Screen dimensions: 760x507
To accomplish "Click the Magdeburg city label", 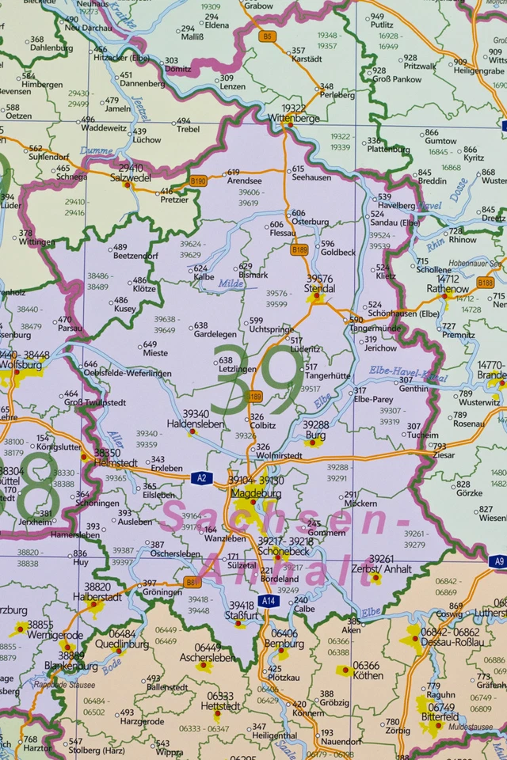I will click(x=256, y=493).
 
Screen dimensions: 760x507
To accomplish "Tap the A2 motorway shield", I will click(x=201, y=477).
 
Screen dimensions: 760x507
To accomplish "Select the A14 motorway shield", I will click(x=269, y=601).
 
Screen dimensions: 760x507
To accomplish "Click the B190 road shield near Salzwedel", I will click(x=198, y=181).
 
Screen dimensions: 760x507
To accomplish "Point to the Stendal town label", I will click(x=320, y=289).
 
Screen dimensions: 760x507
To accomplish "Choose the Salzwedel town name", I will click(x=131, y=179).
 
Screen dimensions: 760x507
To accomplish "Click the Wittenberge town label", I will click(x=293, y=118).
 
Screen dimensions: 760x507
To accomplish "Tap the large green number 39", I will click(x=256, y=380).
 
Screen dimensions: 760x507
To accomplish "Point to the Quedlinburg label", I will click(x=123, y=644).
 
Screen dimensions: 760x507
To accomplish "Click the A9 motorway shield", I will click(x=497, y=561).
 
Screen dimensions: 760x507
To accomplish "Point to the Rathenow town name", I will click(x=448, y=289).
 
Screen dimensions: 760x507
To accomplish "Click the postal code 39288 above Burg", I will click(x=315, y=425).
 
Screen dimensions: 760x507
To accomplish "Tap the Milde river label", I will click(x=231, y=283).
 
